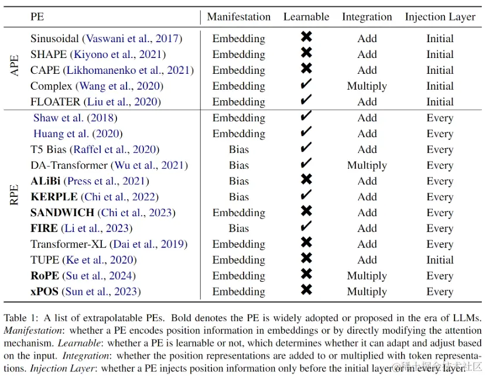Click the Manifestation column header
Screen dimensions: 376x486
pos(239,17)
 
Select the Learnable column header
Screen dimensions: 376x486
pos(306,17)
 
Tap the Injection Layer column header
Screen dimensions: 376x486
pos(440,17)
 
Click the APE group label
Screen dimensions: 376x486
pos(15,65)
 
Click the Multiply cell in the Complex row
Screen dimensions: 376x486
pos(367,86)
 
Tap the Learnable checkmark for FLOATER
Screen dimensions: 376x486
pos(306,101)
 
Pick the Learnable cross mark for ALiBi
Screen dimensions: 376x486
pos(306,180)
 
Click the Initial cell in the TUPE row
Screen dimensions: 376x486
pos(440,259)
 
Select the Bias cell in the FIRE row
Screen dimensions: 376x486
pos(239,228)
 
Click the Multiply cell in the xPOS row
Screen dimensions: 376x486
pos(367,291)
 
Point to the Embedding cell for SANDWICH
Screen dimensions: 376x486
pos(239,212)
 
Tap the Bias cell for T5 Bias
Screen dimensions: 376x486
pos(239,149)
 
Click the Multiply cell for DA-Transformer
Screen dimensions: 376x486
pos(367,165)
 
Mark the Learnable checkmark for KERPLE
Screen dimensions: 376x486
pos(306,196)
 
